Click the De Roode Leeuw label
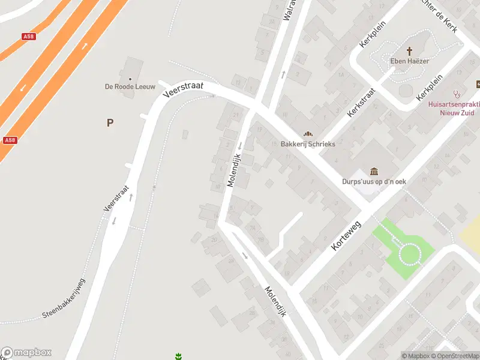[130, 87]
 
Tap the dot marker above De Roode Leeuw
[130, 79]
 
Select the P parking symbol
[110, 123]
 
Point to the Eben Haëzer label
[410, 61]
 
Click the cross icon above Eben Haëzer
[410, 51]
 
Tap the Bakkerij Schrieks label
[308, 144]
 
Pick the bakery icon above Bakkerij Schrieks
[308, 134]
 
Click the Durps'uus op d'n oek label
[374, 181]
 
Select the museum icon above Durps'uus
[374, 171]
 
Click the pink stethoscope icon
[457, 94]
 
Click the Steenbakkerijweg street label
[65, 298]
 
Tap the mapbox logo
[26, 353]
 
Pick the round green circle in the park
[409, 254]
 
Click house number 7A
[253, 228]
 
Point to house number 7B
[260, 238]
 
